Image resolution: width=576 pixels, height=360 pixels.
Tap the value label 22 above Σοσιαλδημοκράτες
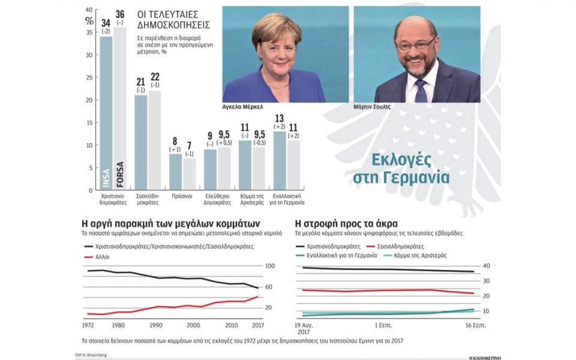click(155, 77)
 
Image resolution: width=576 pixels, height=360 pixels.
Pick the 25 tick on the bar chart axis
click(89, 77)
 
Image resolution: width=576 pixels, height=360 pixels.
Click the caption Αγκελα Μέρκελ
click(242, 107)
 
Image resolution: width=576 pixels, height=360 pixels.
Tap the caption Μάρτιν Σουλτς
click(372, 107)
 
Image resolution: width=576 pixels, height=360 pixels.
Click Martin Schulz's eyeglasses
click(416, 45)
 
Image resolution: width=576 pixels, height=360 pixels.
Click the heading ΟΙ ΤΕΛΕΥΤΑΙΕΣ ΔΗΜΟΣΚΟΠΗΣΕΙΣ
click(173, 19)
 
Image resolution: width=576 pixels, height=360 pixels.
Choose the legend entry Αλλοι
click(103, 257)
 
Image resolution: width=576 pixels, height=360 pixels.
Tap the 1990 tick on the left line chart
click(156, 325)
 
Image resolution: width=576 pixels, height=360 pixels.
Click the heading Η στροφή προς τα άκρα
click(346, 223)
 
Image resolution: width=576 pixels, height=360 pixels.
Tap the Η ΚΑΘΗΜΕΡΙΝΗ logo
click(485, 357)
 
